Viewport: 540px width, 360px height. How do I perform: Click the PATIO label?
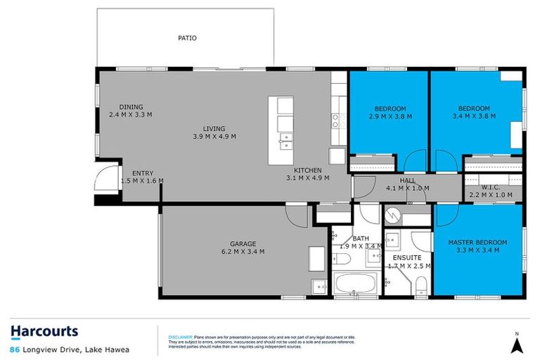(x=187, y=38)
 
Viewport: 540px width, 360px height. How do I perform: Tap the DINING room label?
(x=131, y=107)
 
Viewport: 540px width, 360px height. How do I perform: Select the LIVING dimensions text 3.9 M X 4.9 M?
(x=214, y=136)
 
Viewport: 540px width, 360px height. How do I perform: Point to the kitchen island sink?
(x=285, y=138)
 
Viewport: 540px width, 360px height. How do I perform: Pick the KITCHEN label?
(x=308, y=170)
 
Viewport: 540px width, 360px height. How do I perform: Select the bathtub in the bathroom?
(x=355, y=285)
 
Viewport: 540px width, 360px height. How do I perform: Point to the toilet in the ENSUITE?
(x=420, y=285)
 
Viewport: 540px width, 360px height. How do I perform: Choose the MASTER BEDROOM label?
(x=477, y=243)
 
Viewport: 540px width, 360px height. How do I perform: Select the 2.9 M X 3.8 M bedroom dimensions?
(x=390, y=116)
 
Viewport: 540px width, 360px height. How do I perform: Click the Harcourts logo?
(x=44, y=331)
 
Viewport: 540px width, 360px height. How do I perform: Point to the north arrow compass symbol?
(x=517, y=344)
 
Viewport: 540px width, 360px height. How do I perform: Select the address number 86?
(x=14, y=349)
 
